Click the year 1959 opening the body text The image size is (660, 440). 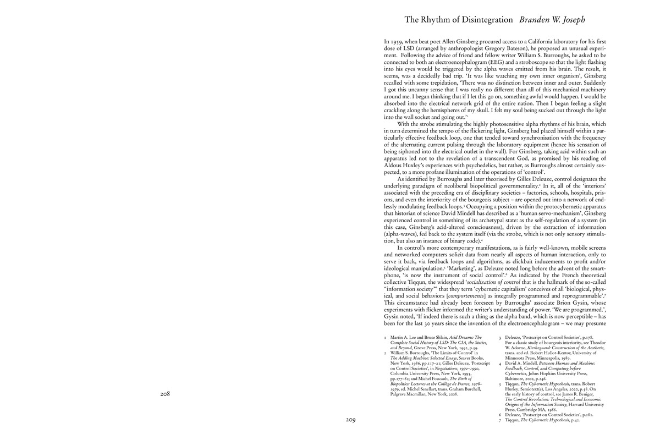point(403,41)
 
